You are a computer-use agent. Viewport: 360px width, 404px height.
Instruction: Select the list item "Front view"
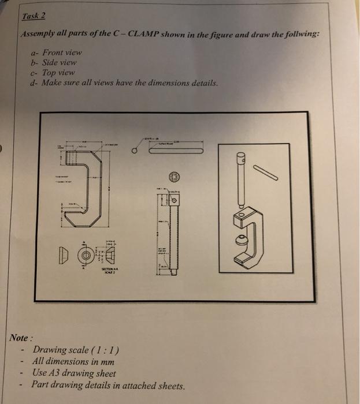pyautogui.click(x=62, y=52)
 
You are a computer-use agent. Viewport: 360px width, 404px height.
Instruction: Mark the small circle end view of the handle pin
pyautogui.click(x=133, y=151)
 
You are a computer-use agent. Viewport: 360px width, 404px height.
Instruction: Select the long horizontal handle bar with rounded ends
pyautogui.click(x=176, y=151)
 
